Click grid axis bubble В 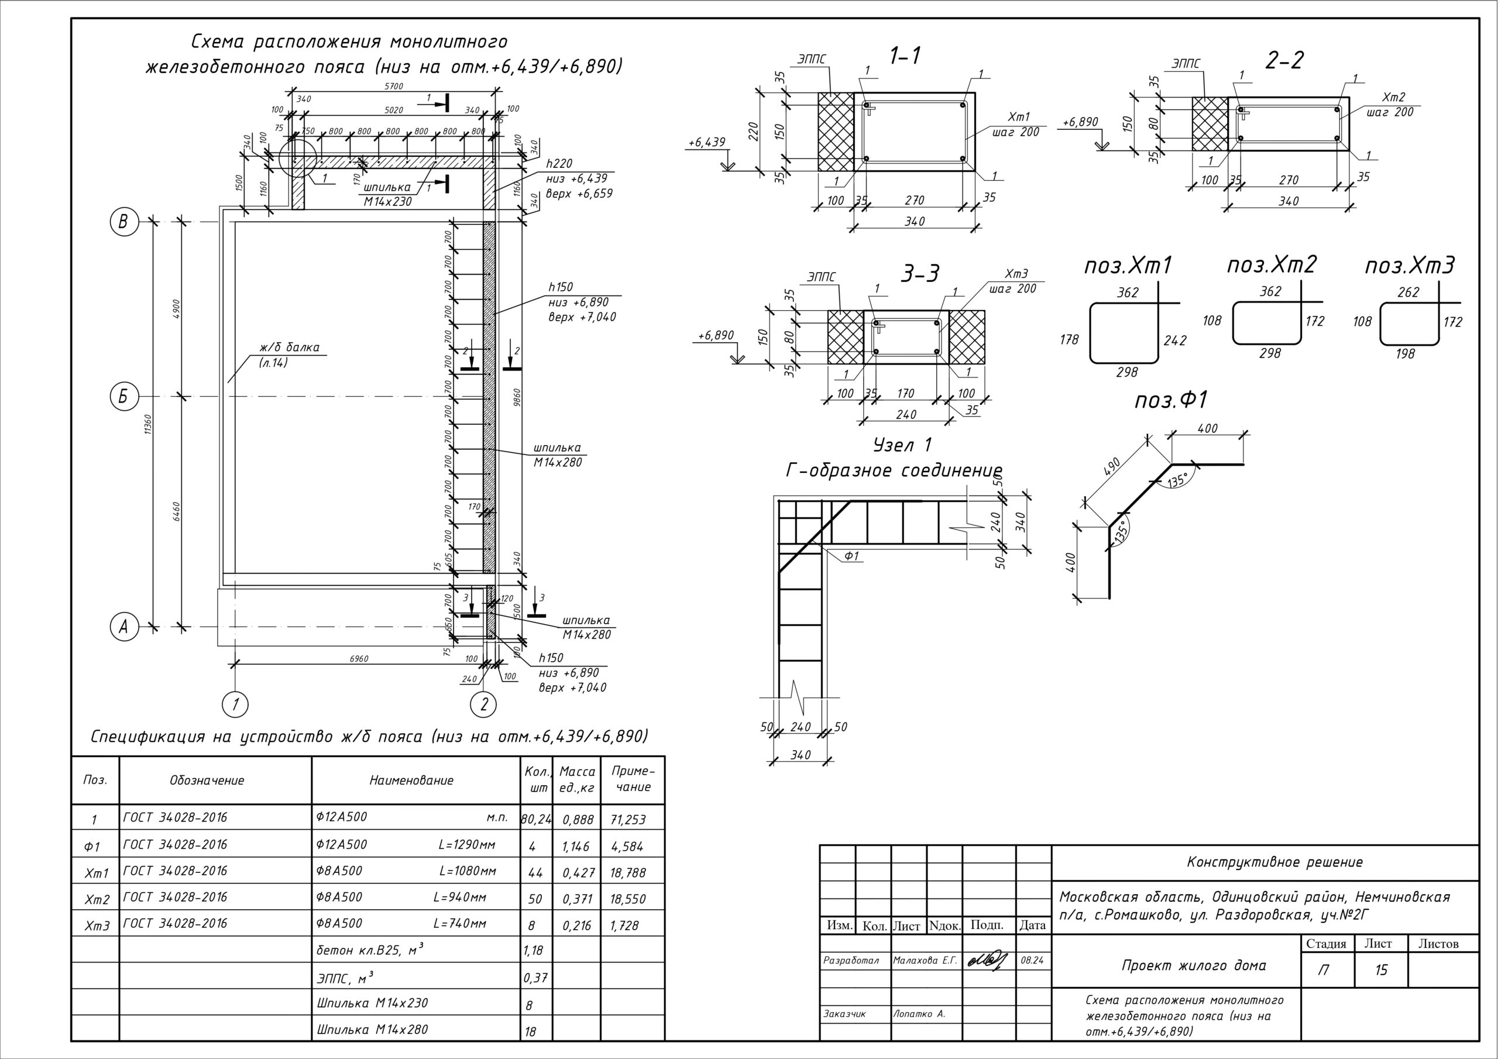coord(123,222)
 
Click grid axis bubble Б coord(123,397)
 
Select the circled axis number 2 coord(483,704)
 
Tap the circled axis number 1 coord(236,704)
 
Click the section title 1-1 coord(905,57)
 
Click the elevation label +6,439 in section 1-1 coord(707,143)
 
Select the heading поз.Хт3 coord(1409,266)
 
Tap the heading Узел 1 coord(902,446)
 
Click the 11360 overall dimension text coord(149,425)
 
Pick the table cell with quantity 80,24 coord(535,819)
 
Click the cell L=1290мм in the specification coord(467,845)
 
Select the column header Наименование coord(411,781)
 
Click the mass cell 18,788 coord(628,872)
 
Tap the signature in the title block coord(988,960)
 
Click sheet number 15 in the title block coord(1381,970)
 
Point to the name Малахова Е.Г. coord(925,961)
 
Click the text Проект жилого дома coord(1193,965)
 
